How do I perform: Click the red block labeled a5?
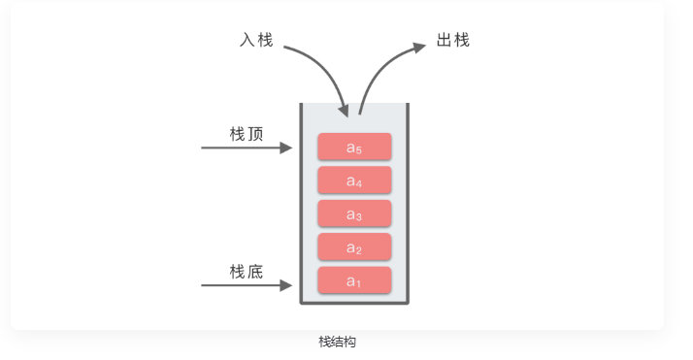pyautogui.click(x=354, y=147)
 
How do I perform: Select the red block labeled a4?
pyautogui.click(x=354, y=180)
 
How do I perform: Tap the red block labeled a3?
pyautogui.click(x=354, y=213)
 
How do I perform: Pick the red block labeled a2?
pyautogui.click(x=354, y=247)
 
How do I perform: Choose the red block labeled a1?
pyautogui.click(x=354, y=280)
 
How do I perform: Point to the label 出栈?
pyautogui.click(x=453, y=41)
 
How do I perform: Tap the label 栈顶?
pyautogui.click(x=247, y=134)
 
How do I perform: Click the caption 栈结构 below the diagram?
pyautogui.click(x=337, y=342)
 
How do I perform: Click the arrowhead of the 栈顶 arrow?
pyautogui.click(x=286, y=147)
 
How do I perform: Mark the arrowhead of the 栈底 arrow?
pyautogui.click(x=286, y=285)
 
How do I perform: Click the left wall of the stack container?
pyautogui.click(x=301, y=204)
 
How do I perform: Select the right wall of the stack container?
pyautogui.click(x=408, y=204)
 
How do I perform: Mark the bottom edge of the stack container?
pyautogui.click(x=354, y=302)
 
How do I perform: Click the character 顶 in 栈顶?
pyautogui.click(x=255, y=134)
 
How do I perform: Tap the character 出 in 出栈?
pyautogui.click(x=445, y=41)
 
